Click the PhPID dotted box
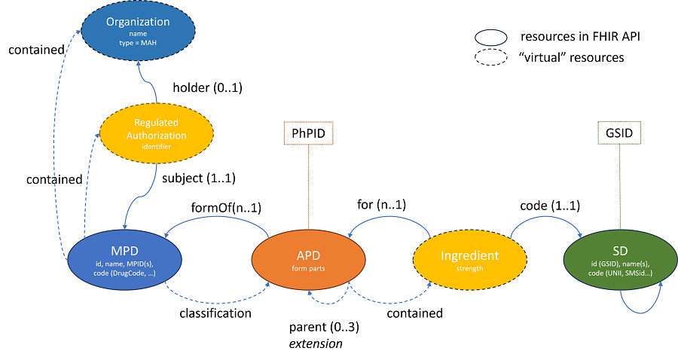(308, 134)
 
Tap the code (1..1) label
(550, 206)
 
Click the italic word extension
(316, 343)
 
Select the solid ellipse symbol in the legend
(490, 36)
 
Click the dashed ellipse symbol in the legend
(490, 57)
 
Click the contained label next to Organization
(36, 50)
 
